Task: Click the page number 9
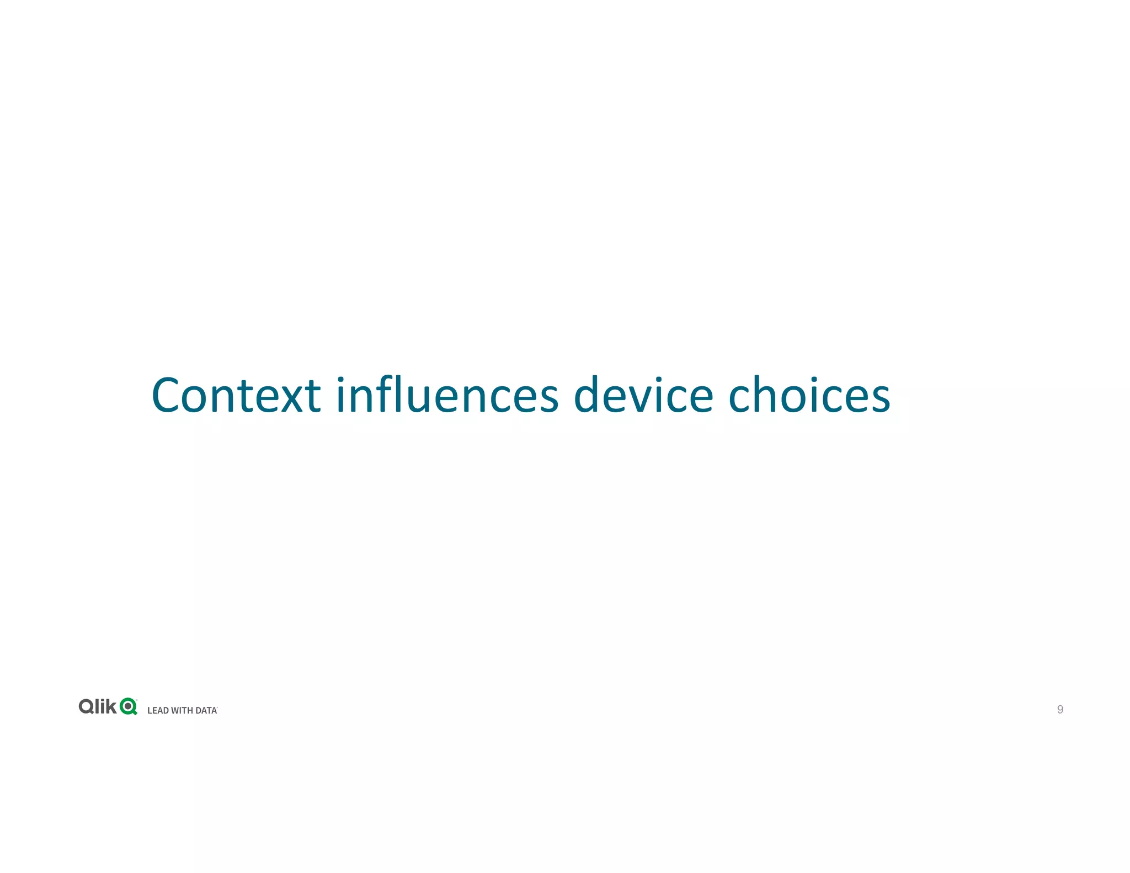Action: pos(1060,710)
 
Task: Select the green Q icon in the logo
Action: pos(129,706)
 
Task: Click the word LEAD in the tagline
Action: pos(158,711)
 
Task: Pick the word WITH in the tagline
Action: pos(182,711)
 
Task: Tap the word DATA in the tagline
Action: pos(206,711)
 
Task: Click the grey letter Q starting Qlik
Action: pos(87,707)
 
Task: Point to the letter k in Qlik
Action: pos(111,706)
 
